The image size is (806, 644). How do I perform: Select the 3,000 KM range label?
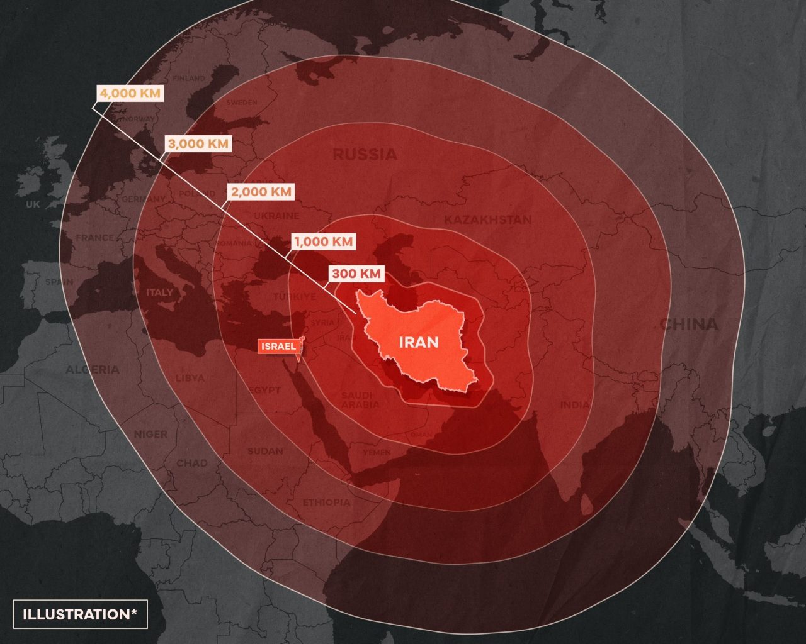[198, 143]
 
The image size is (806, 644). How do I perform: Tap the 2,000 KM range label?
[261, 192]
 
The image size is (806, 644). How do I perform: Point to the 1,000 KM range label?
[324, 241]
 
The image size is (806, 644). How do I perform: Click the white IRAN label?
[419, 342]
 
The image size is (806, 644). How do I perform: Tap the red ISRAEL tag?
[278, 347]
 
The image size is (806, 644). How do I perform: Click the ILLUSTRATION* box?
[80, 614]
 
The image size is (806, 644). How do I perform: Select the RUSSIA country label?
[365, 154]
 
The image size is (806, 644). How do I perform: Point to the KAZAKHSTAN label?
[487, 219]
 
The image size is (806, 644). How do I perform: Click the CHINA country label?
[689, 324]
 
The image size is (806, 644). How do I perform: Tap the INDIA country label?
[574, 405]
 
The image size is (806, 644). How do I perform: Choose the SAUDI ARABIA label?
[360, 400]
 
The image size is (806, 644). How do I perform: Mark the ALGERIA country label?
[93, 369]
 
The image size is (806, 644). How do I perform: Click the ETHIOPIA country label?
[326, 502]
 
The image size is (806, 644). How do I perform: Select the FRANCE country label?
[95, 238]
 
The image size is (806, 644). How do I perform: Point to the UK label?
[33, 204]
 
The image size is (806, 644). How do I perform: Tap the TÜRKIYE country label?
[295, 297]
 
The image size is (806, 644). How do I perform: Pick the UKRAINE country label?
[276, 216]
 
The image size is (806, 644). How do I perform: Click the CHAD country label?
[191, 463]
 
